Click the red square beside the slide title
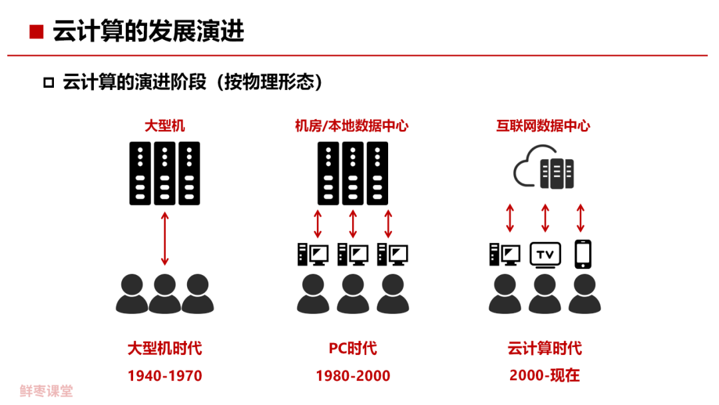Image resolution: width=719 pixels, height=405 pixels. click(37, 31)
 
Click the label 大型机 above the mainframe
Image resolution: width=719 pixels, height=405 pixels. click(164, 125)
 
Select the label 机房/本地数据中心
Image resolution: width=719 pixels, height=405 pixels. click(352, 125)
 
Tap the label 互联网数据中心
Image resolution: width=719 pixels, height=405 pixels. click(543, 125)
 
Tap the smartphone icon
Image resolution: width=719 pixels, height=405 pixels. click(583, 254)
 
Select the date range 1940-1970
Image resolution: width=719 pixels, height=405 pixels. click(164, 376)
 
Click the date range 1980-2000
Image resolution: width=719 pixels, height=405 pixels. click(353, 376)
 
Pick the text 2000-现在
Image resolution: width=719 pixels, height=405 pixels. click(545, 376)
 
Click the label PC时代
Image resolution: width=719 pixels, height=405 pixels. click(353, 348)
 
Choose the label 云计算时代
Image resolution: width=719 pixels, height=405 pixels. click(545, 348)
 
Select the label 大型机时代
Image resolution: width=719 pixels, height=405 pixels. click(164, 348)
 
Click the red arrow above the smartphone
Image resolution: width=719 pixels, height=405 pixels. click(581, 218)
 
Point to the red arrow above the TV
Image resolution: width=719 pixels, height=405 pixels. click(545, 218)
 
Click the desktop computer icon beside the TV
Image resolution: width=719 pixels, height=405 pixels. click(504, 254)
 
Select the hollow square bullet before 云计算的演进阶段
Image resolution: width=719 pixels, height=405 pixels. click(48, 83)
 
